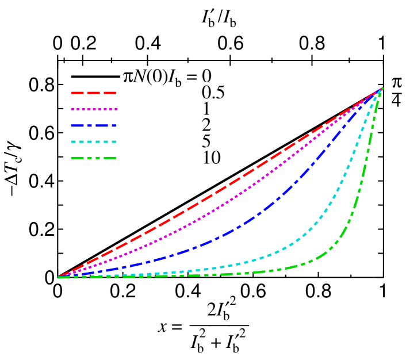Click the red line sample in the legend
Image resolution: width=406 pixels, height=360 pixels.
click(x=94, y=93)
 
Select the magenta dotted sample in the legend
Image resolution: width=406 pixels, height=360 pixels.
click(x=94, y=109)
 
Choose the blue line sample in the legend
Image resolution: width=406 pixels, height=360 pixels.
click(x=94, y=125)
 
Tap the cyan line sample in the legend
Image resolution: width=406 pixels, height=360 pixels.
click(x=94, y=141)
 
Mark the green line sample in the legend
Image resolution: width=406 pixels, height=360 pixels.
click(x=94, y=158)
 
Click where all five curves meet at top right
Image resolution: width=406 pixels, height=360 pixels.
click(x=382, y=89)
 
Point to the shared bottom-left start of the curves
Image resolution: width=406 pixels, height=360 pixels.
click(x=59, y=277)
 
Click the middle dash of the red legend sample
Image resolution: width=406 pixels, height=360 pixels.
click(x=94, y=93)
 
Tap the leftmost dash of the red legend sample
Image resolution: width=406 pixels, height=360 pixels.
click(x=77, y=93)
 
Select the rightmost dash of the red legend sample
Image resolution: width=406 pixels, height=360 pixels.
click(x=110, y=93)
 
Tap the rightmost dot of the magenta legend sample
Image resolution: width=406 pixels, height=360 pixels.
click(x=116, y=109)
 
